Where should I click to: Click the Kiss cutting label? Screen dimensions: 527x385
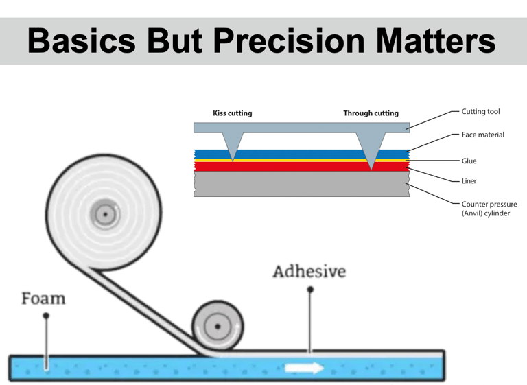coord(233,113)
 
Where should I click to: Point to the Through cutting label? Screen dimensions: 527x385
coord(371,113)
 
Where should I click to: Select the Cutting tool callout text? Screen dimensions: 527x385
coord(480,111)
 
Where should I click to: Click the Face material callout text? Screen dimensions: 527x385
coord(482,135)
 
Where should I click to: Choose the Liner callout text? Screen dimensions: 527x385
coord(469,181)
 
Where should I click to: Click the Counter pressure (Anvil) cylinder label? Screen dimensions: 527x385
coord(489,209)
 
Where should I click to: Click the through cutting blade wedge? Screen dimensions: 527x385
coord(371,148)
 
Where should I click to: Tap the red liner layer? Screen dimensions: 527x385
coord(302,166)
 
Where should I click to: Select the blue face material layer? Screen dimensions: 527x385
coord(302,154)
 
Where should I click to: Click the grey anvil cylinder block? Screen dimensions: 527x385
coord(302,183)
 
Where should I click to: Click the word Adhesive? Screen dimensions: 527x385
coord(309,272)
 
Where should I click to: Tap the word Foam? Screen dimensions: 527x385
coord(43,299)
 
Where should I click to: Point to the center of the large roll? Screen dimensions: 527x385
coord(104,214)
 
